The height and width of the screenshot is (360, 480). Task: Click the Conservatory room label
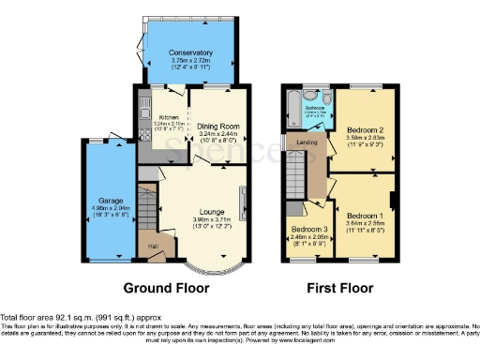tap(184, 52)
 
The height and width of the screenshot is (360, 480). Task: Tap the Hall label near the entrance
tap(152, 245)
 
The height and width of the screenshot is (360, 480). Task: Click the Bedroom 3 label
tap(308, 230)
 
